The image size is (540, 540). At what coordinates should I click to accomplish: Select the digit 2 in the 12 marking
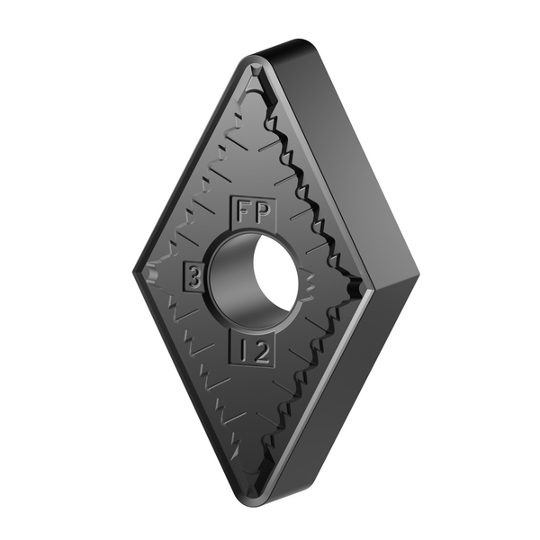(x=261, y=352)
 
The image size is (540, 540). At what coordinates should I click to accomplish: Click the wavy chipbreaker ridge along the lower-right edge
(x=315, y=378)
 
